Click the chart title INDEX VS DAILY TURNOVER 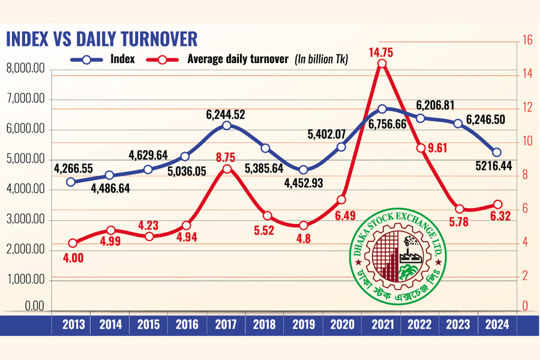click(x=101, y=39)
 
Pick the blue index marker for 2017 click(x=226, y=125)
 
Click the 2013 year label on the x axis click(x=72, y=325)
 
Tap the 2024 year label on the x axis click(x=497, y=325)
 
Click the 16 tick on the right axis click(x=528, y=41)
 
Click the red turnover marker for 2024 click(x=497, y=205)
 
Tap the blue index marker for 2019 click(x=304, y=170)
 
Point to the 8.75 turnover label click(x=226, y=157)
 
